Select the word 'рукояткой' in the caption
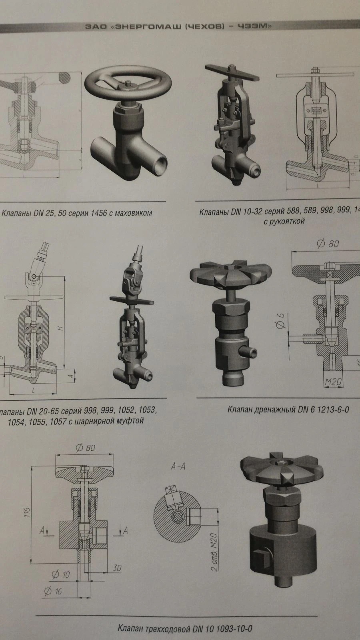pyautogui.click(x=285, y=221)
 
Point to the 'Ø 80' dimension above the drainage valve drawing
pyautogui.click(x=328, y=244)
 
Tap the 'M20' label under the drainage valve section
pyautogui.click(x=333, y=382)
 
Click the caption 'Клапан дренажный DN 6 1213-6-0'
pyautogui.click(x=288, y=410)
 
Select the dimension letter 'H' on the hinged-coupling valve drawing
pyautogui.click(x=60, y=328)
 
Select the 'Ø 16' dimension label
pyautogui.click(x=53, y=591)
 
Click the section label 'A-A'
pyautogui.click(x=178, y=466)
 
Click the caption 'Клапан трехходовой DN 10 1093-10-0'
pyautogui.click(x=185, y=628)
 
